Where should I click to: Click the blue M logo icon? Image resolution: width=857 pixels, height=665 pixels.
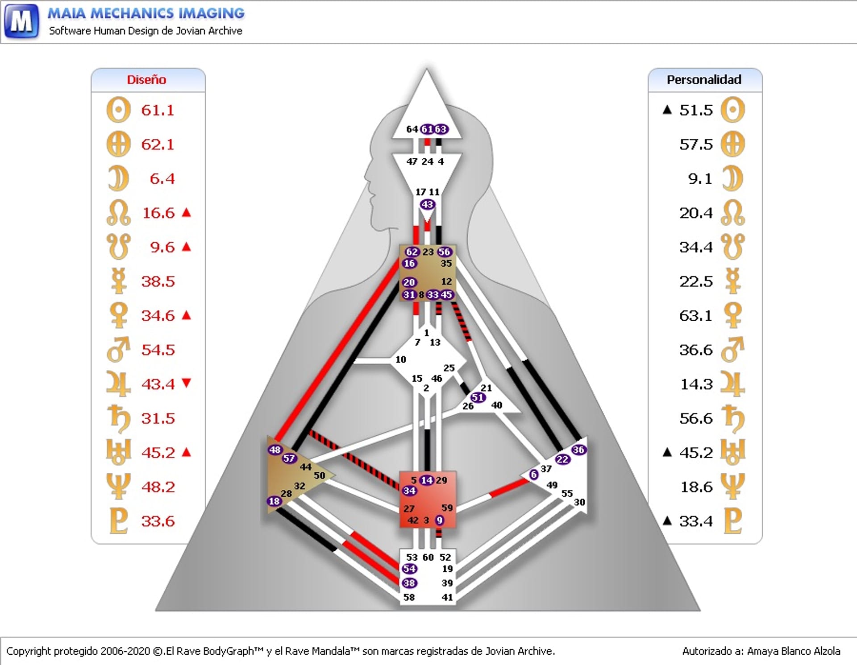coord(21,21)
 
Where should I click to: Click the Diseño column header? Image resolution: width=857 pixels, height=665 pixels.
coord(146,80)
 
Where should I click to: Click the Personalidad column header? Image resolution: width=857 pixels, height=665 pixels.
coord(704,80)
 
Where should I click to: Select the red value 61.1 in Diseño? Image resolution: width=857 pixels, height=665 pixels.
coord(158,110)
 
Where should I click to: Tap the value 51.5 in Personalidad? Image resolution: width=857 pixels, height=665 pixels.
coord(696,110)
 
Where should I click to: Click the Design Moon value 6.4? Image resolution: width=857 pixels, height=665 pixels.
coord(162,179)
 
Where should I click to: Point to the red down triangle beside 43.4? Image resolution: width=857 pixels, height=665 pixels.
coord(187,383)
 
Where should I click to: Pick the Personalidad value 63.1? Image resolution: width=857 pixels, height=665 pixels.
coord(696,316)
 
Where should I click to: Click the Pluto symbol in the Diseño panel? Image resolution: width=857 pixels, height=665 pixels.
coord(118,520)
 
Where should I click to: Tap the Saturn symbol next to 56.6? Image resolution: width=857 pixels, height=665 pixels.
coord(733,419)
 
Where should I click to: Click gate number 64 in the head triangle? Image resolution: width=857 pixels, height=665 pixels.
coord(412,129)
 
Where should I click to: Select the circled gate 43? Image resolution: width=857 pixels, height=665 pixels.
coord(428,205)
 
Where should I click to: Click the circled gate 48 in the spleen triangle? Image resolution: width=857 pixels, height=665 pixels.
coord(275,450)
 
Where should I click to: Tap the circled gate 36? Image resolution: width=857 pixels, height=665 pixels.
coord(578,450)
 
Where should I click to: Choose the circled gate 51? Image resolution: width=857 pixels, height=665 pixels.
coord(478,397)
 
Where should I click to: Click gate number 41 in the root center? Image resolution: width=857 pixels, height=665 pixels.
coord(447,597)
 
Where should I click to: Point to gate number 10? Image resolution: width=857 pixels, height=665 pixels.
coord(401,359)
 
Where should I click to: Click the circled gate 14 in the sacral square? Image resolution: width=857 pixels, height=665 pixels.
coord(427,480)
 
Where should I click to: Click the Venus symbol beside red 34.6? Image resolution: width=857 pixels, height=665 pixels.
coord(118,315)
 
